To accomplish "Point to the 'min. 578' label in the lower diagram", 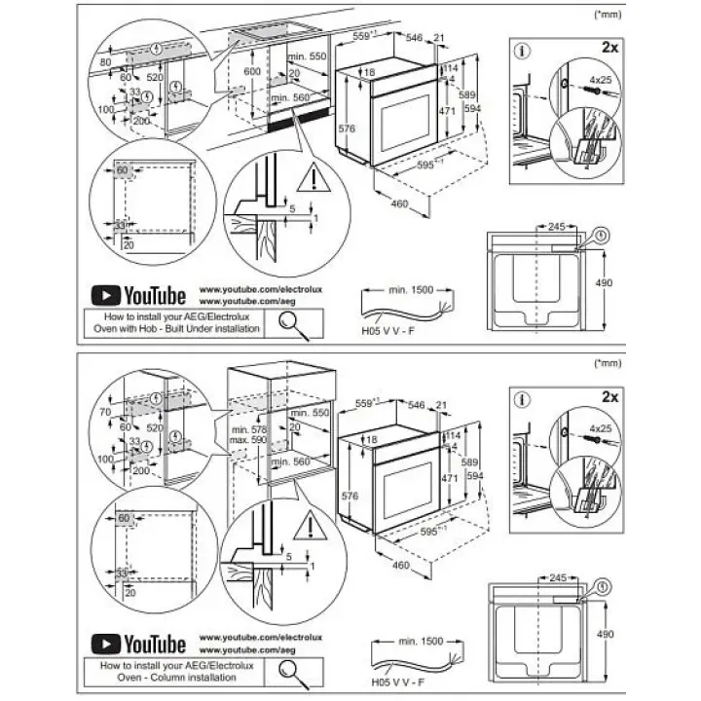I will click(x=249, y=429).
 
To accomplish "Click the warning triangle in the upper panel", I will click(x=313, y=177).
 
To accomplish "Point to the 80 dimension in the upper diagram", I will click(x=106, y=63).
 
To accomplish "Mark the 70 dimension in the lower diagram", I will click(x=105, y=413).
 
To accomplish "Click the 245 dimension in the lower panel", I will click(x=558, y=577).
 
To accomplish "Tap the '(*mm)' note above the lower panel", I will click(x=606, y=363).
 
